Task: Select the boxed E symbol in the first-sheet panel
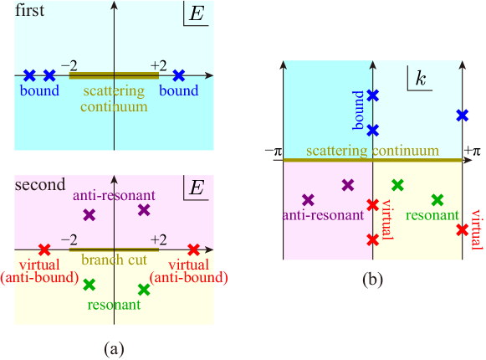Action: coord(197,17)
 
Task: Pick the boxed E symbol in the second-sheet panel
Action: coord(197,187)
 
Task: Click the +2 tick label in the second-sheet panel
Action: coord(158,239)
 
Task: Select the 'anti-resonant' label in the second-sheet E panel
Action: coord(112,194)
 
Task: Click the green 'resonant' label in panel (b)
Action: coord(431,215)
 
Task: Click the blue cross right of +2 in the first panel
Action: coord(178,75)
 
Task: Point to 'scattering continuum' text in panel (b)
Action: coord(372,151)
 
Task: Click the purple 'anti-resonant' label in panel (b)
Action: coord(323,215)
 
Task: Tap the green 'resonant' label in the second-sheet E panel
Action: coord(113,305)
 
